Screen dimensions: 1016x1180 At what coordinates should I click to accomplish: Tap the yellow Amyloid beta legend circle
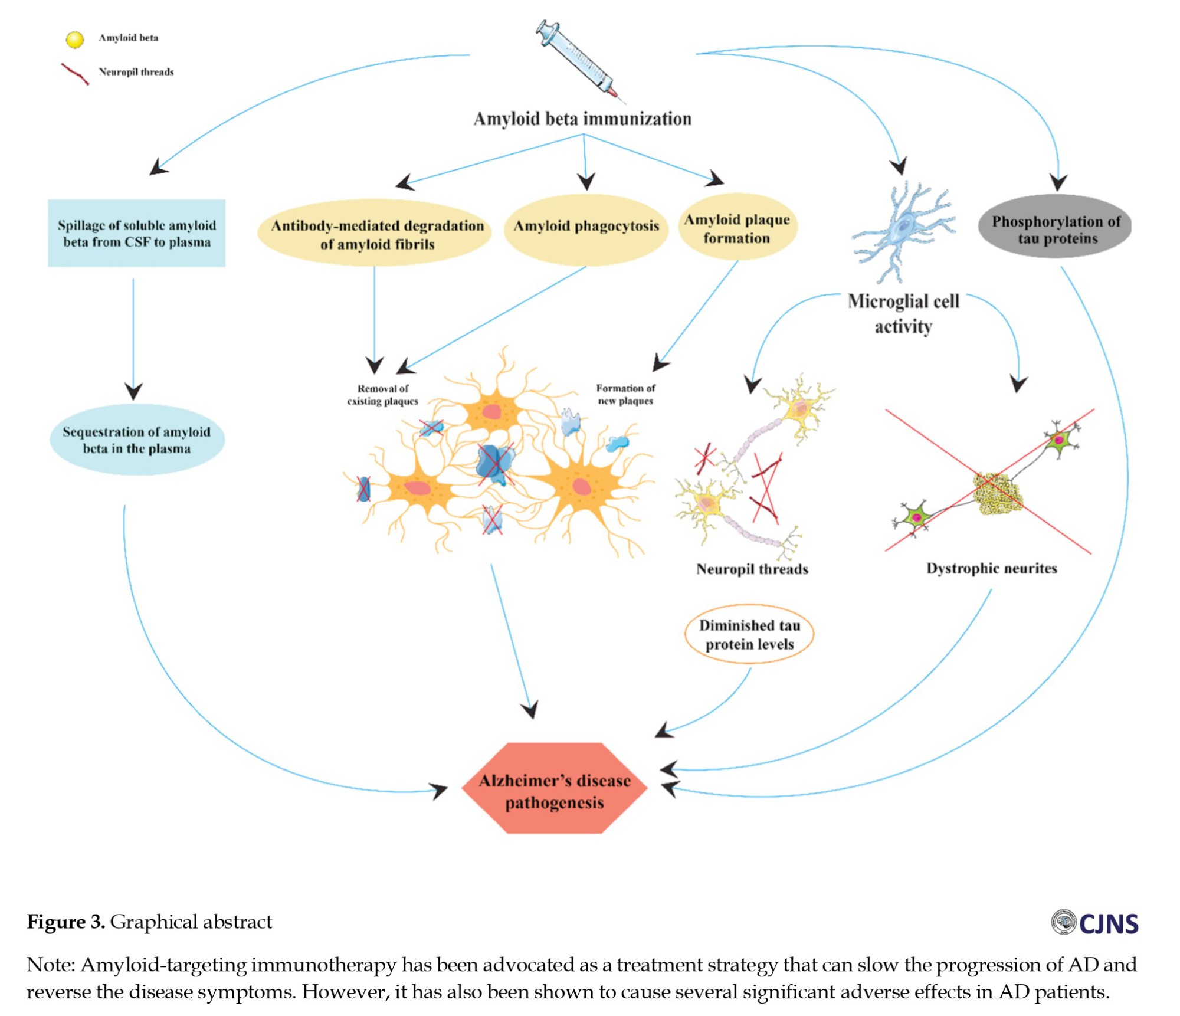[75, 39]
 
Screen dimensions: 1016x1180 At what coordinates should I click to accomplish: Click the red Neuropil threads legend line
[76, 74]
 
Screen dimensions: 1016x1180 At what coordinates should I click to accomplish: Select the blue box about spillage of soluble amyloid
[136, 233]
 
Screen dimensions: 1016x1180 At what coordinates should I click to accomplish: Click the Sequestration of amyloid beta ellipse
[137, 440]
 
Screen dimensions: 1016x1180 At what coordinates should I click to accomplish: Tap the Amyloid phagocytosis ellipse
[586, 229]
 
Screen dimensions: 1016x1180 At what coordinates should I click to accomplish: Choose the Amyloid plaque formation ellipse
[737, 228]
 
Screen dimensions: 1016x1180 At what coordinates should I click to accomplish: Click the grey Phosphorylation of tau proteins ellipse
[1055, 228]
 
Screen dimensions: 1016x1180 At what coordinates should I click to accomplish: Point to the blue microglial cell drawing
[903, 230]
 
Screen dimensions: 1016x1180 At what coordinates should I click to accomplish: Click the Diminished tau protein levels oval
[749, 634]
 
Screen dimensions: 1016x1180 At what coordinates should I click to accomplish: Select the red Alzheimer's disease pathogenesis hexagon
[554, 788]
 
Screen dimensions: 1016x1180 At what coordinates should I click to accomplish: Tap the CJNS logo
[1095, 923]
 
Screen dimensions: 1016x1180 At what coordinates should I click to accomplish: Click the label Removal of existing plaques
[382, 395]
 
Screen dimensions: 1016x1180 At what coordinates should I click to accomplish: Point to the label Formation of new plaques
[625, 394]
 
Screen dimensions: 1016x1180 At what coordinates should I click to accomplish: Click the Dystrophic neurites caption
[991, 568]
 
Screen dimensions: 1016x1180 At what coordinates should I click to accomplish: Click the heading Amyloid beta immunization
[582, 119]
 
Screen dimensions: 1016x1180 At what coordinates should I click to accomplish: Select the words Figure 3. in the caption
[65, 922]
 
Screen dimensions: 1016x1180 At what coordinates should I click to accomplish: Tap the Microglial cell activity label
[903, 314]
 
